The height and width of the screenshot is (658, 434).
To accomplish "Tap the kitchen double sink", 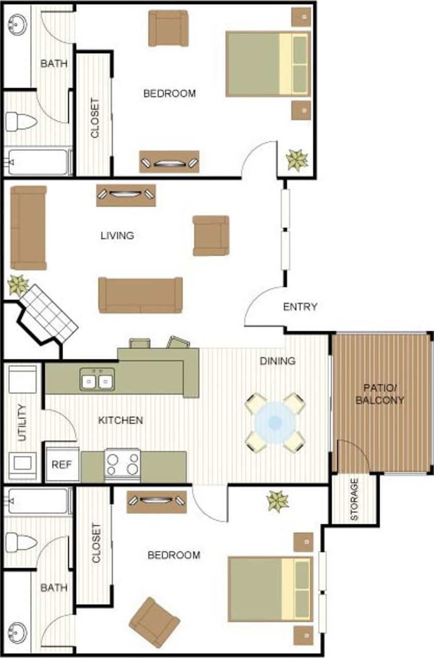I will [x=97, y=381].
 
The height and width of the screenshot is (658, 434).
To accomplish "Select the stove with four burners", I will [x=123, y=463].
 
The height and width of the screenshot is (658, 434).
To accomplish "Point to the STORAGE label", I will [x=354, y=499].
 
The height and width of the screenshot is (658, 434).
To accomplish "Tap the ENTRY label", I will [x=300, y=307].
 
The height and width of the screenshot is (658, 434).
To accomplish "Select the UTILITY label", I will [x=22, y=423].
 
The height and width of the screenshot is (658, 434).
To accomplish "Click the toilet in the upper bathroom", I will [x=21, y=122].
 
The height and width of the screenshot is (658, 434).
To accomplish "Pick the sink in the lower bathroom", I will [x=18, y=630].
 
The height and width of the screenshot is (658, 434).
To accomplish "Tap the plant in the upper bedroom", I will [x=297, y=159].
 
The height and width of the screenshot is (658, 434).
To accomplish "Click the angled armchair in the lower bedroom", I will [x=154, y=622].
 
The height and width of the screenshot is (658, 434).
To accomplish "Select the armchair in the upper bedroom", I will [x=168, y=28].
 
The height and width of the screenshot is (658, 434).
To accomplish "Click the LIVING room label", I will [x=117, y=236].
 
